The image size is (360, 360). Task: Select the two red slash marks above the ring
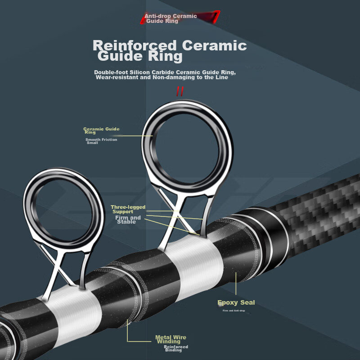tap(180, 91)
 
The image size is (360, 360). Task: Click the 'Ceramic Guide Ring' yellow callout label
tap(101, 130)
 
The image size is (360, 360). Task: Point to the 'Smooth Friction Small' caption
tap(101, 141)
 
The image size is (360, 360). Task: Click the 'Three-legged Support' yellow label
tap(128, 209)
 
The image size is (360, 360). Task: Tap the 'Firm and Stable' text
tap(128, 220)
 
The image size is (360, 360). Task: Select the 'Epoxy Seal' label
tap(236, 302)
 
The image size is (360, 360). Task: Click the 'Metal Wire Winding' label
tap(171, 339)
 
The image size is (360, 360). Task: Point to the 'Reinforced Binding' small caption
tap(175, 348)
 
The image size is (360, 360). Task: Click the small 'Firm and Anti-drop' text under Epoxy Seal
tap(234, 310)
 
